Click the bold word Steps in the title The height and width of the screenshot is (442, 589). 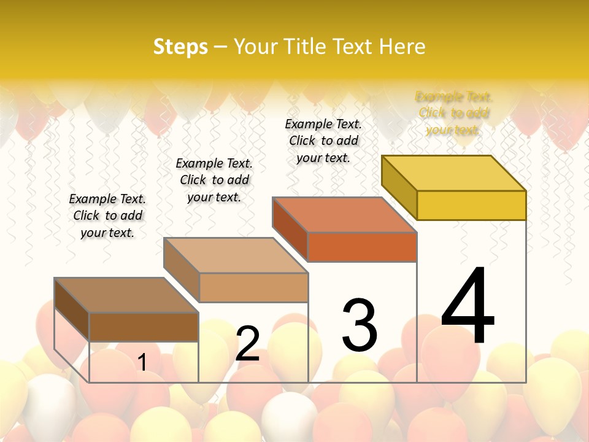tap(180, 47)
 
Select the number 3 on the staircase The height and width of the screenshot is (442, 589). tap(360, 325)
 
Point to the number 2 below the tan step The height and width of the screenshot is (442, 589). tap(247, 344)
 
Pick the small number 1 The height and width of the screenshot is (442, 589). tap(142, 362)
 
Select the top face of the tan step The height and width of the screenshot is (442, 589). tap(236, 255)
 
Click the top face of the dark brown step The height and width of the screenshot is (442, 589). tap(126, 295)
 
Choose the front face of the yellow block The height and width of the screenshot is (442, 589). tap(471, 205)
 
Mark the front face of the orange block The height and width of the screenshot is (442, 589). tap(362, 247)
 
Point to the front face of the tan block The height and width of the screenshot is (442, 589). tap(253, 287)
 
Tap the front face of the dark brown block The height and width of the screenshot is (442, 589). tap(144, 327)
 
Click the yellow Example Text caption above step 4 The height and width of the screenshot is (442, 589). tap(453, 113)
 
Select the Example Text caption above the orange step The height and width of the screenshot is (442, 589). tap(323, 141)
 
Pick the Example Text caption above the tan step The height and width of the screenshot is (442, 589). tap(214, 180)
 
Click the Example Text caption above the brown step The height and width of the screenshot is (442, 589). tap(107, 215)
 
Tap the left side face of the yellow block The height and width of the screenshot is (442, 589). tap(399, 187)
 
